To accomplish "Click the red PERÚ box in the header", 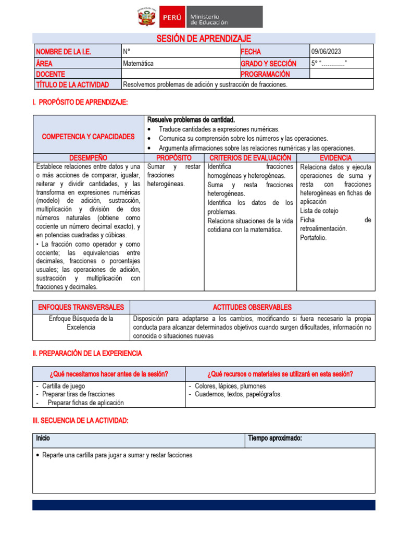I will (172, 17).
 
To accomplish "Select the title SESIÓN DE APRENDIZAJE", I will (204, 39).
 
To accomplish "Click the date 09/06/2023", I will (327, 52).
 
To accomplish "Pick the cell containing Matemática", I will (138, 63).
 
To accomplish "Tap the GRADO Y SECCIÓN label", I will (268, 63).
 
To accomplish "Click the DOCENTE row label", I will (51, 74).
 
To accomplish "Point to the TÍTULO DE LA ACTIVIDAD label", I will (72, 84).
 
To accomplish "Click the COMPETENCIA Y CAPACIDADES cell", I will (88, 136).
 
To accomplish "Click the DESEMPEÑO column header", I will (88, 157).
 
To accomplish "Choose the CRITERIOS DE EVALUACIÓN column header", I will (249, 157).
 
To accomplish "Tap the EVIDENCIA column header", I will (335, 157).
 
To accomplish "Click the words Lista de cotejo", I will (319, 211).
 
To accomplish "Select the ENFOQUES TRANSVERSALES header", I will (80, 307).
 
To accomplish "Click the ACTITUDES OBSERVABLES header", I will (252, 307).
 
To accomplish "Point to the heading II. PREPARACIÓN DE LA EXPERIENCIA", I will (87, 354).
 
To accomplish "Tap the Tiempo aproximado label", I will (274, 439).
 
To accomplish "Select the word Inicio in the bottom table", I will (43, 439).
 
